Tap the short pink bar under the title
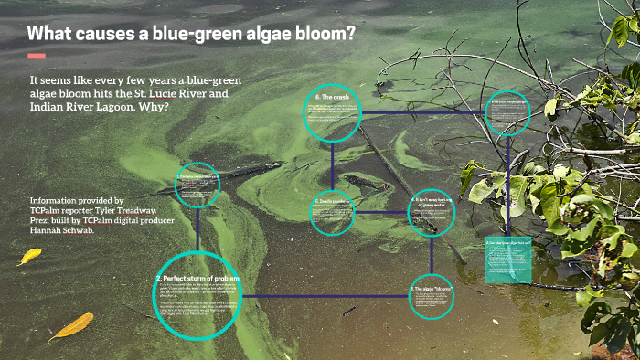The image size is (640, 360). [37, 57]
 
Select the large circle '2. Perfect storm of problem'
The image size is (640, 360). [197, 294]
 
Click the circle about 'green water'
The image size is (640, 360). [431, 212]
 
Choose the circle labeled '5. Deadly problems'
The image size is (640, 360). [332, 212]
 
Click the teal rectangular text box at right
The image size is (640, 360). [508, 259]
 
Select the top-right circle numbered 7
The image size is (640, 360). [507, 114]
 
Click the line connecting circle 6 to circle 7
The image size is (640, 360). [421, 114]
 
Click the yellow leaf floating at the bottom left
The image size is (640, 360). [71, 325]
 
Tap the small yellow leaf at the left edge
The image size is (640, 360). [29, 257]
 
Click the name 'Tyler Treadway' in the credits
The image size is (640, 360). [118, 210]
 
